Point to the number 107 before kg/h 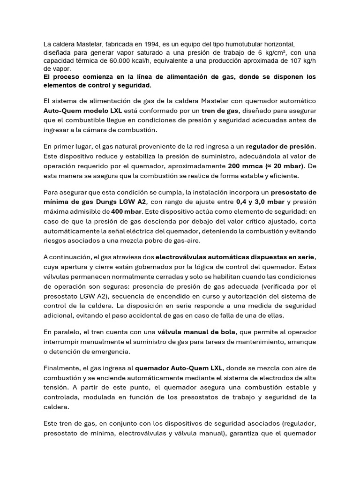[x=291, y=60]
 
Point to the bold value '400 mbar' [x=126, y=211]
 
